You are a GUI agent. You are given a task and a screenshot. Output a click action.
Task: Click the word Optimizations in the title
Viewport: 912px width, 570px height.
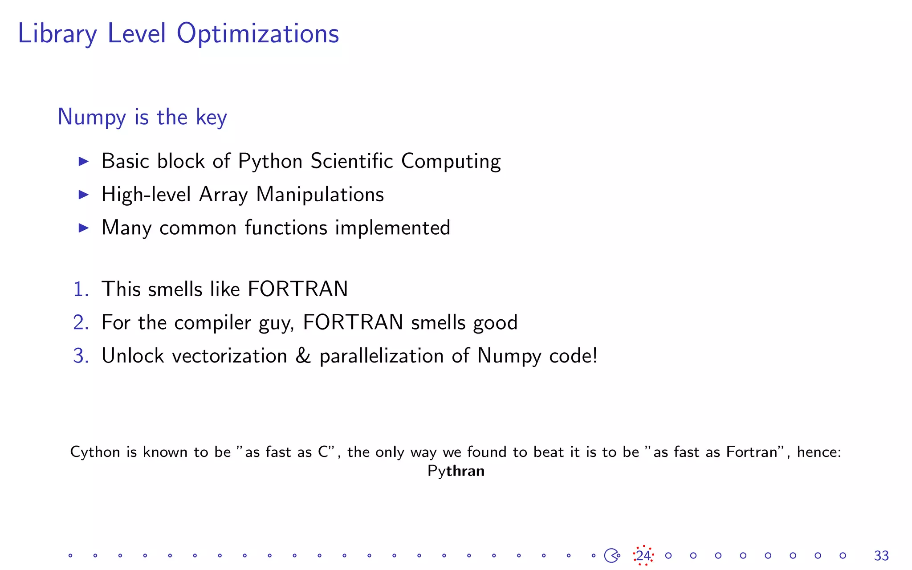pyautogui.click(x=258, y=34)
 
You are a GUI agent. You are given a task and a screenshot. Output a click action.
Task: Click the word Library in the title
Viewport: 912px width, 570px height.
pyautogui.click(x=57, y=34)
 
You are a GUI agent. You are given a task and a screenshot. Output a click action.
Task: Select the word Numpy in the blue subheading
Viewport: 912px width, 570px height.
pyautogui.click(x=92, y=117)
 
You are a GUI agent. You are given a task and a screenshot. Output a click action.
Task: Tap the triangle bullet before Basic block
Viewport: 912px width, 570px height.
pyautogui.click(x=83, y=161)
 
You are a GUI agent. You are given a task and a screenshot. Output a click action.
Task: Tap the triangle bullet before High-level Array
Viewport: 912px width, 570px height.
pyautogui.click(x=83, y=195)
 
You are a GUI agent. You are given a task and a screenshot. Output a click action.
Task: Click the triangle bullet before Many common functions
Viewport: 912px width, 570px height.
pyautogui.click(x=83, y=228)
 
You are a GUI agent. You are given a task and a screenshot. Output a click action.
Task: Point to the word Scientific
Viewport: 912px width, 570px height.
pyautogui.click(x=352, y=161)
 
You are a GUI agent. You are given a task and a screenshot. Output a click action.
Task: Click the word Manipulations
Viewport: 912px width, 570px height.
pyautogui.click(x=320, y=195)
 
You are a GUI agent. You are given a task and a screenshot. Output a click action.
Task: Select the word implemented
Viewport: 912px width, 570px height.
pyautogui.click(x=392, y=228)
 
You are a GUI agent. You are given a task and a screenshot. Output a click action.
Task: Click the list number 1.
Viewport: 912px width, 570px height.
pyautogui.click(x=81, y=289)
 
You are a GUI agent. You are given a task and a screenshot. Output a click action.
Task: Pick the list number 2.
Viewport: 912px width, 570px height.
pyautogui.click(x=81, y=322)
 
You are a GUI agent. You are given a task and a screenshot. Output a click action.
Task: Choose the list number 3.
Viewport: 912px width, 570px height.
pyautogui.click(x=81, y=356)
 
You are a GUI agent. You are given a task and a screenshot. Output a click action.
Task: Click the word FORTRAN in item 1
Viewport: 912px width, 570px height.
pyautogui.click(x=297, y=289)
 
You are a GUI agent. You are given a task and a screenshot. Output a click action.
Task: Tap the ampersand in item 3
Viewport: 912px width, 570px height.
pyautogui.click(x=303, y=356)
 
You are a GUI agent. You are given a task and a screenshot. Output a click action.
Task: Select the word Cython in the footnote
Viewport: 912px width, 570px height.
pyautogui.click(x=95, y=452)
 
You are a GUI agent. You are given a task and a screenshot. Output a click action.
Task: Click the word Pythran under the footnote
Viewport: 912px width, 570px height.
pyautogui.click(x=456, y=471)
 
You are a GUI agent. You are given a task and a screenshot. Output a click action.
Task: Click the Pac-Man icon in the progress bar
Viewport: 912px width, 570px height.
pyautogui.click(x=611, y=555)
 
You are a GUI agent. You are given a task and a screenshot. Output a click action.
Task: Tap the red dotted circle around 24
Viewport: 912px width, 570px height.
pyautogui.click(x=643, y=555)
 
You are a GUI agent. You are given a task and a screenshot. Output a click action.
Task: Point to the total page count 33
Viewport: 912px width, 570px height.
pyautogui.click(x=881, y=556)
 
